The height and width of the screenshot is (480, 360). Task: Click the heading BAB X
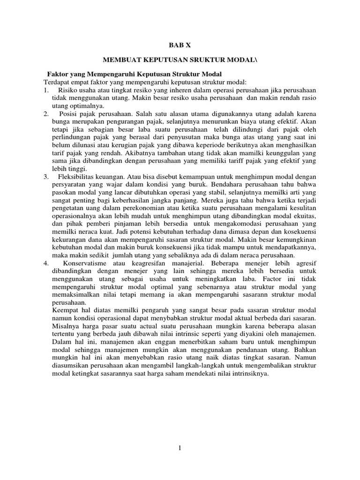[180, 45]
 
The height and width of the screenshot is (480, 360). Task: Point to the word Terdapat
[56, 82]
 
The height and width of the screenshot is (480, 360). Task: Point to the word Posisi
[69, 114]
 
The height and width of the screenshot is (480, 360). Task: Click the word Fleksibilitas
[78, 176]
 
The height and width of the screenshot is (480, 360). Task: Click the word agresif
[305, 263]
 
